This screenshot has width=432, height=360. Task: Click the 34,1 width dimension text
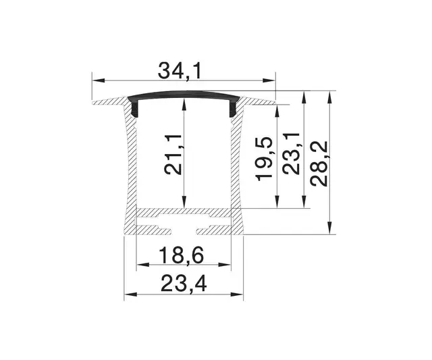182,70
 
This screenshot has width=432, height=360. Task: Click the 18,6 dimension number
182,256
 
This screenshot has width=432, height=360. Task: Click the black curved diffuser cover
183,95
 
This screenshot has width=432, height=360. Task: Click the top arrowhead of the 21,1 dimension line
184,102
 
